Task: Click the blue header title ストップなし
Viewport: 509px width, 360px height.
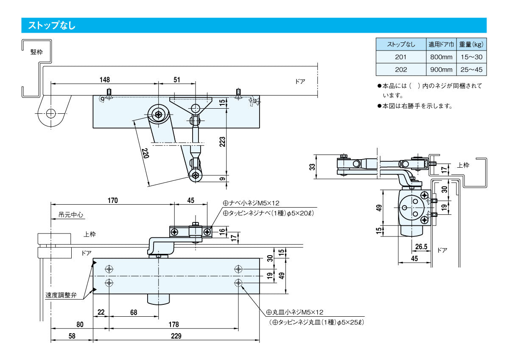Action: coord(52,25)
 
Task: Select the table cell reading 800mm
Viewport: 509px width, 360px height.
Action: coord(441,57)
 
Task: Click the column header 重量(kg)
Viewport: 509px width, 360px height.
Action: coord(471,44)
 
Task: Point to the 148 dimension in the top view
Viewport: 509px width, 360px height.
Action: coord(105,80)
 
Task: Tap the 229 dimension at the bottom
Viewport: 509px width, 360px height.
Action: coord(176,336)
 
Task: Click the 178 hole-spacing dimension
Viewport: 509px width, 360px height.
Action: coord(173,325)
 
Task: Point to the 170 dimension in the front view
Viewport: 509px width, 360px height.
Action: coord(112,200)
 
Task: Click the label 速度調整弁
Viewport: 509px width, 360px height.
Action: coord(61,295)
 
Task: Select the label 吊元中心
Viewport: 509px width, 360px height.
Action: coord(68,215)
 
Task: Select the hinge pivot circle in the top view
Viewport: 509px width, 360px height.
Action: coord(51,113)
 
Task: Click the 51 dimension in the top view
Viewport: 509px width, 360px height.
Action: coord(177,80)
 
